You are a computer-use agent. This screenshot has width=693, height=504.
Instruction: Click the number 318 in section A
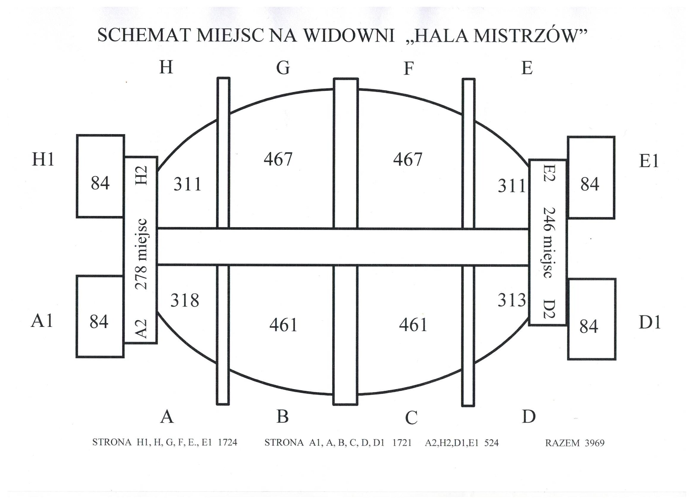[185, 300]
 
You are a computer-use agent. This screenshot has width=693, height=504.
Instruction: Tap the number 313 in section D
[512, 300]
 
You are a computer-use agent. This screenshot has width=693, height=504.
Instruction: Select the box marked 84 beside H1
[100, 176]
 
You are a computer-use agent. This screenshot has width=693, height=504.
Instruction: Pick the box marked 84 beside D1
[592, 319]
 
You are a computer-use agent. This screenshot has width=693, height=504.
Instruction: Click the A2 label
[141, 328]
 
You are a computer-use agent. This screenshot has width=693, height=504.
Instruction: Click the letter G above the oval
[283, 68]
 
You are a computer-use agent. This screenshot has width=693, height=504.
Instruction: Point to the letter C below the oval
[411, 417]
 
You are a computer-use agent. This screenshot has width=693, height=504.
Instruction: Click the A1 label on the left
[42, 321]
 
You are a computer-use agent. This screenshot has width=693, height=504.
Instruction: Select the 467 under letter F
[408, 159]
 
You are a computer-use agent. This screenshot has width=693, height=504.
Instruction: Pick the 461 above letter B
[283, 325]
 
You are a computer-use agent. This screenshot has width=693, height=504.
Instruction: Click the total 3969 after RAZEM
[595, 443]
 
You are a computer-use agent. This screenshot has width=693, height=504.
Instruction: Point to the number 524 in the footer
[491, 443]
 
